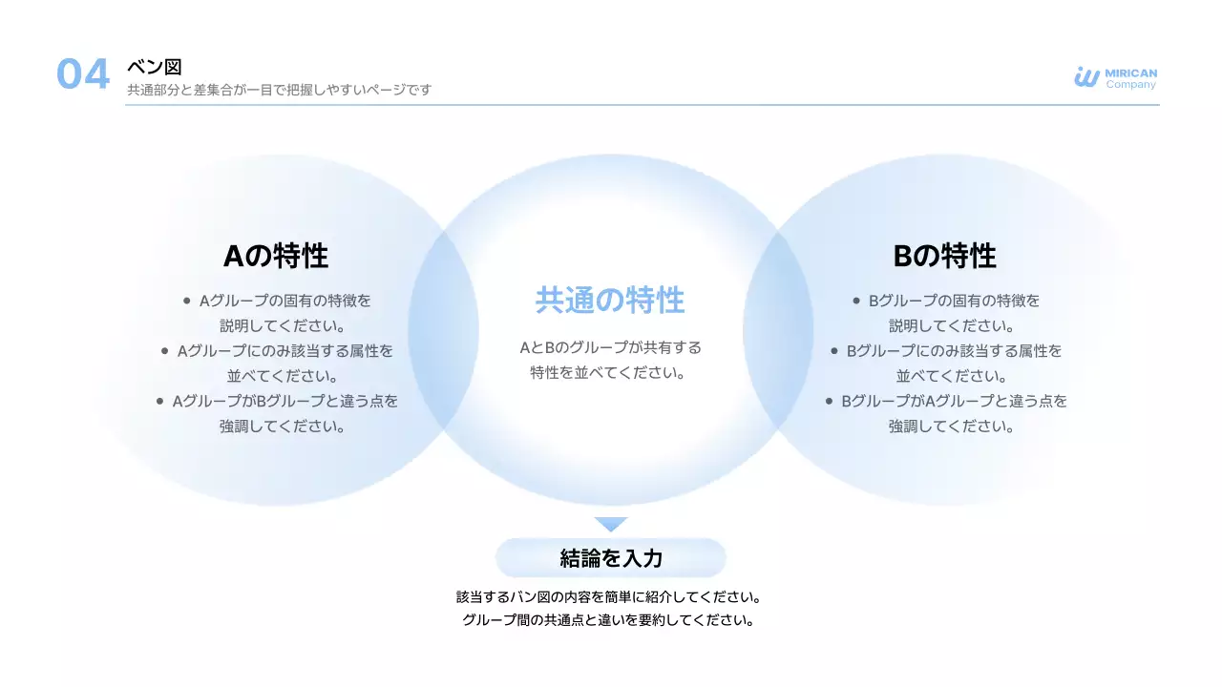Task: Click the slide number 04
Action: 83,74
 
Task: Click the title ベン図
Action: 154,67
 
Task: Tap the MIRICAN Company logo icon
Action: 1086,77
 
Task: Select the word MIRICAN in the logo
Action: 1130,73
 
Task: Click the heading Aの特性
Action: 276,256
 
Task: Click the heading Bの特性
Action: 944,256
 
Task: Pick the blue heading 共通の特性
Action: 610,301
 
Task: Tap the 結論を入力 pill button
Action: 611,558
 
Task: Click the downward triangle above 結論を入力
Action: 611,524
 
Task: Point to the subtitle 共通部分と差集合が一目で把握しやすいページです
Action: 279,90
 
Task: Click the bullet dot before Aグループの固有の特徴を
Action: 187,301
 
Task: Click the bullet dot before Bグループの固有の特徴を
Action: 856,301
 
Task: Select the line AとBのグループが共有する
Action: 610,347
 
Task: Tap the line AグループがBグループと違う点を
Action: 285,402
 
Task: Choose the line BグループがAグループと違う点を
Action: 954,402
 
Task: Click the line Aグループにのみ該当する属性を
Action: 285,351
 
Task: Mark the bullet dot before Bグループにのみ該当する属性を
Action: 835,351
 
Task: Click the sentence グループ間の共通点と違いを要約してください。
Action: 609,621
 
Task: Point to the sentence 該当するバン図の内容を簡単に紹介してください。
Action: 609,597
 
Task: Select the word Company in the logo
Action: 1130,85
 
